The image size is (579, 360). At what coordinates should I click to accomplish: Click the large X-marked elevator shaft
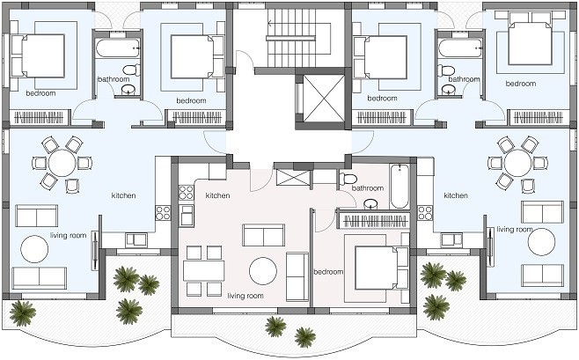coord(324,99)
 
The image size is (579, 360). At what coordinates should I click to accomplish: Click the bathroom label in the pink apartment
coord(368,188)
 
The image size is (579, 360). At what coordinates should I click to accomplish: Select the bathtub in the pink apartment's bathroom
coord(399,187)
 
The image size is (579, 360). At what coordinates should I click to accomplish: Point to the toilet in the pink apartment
coord(348,179)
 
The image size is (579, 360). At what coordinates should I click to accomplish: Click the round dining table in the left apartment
coord(62,163)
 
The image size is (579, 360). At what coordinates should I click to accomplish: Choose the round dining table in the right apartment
coord(517,163)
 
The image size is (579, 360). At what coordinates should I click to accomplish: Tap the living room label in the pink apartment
coord(246,296)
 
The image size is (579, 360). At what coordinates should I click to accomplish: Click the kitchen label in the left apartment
coord(124,195)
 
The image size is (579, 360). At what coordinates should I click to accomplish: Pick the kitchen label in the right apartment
coord(456,195)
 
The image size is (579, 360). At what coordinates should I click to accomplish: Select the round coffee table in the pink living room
coord(263,271)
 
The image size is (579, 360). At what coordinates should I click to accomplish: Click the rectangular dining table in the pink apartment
coord(204,271)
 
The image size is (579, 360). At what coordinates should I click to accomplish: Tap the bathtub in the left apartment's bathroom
coord(117,48)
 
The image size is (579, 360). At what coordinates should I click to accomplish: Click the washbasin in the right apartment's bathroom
coord(449,90)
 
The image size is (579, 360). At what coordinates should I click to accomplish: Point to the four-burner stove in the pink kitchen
coord(186,193)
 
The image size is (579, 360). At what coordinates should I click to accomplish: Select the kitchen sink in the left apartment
coord(136,240)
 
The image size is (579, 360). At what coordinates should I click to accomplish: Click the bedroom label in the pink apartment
coord(328,272)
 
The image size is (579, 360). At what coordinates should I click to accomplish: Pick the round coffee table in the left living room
coord(34,249)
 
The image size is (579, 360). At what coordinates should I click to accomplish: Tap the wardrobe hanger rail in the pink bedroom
coord(374,221)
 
